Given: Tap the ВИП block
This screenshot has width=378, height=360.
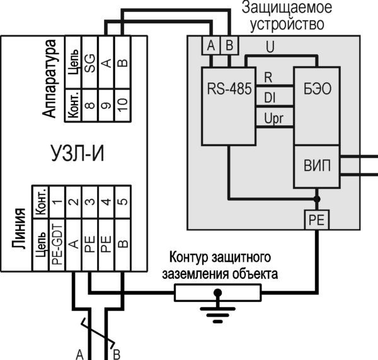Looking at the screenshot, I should click(x=318, y=166).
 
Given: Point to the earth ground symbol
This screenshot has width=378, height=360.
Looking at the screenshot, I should click(x=218, y=309).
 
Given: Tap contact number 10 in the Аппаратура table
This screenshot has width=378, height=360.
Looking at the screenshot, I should click(x=123, y=101).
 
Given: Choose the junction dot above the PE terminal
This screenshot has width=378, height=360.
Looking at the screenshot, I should click(x=316, y=199).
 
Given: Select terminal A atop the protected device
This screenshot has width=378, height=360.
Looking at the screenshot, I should click(x=210, y=45).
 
